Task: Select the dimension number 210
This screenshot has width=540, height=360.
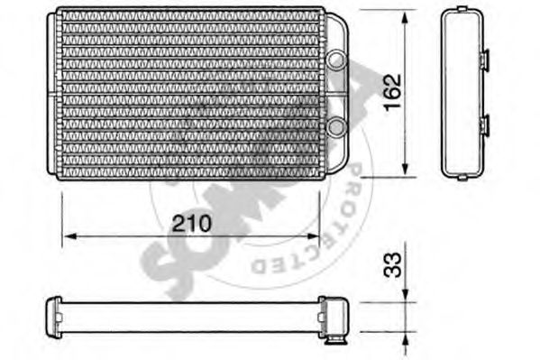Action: click(x=189, y=224)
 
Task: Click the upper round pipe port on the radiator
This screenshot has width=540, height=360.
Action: click(x=336, y=60)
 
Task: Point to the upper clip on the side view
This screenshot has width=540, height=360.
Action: click(x=484, y=60)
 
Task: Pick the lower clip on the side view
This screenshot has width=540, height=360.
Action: click(x=484, y=125)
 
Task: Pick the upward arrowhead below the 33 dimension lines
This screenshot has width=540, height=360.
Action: click(x=405, y=337)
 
